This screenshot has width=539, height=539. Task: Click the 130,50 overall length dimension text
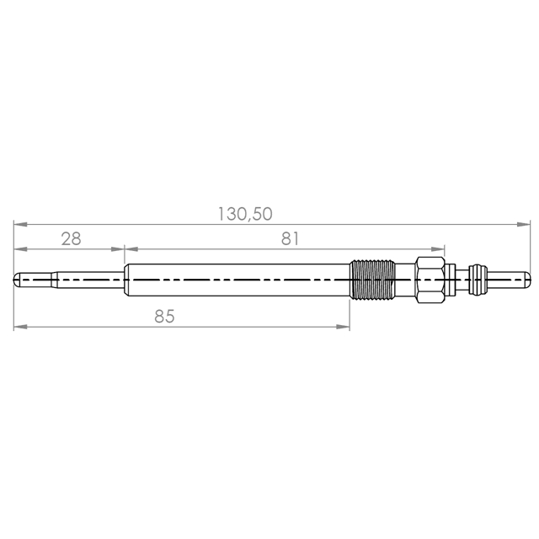coord(245,214)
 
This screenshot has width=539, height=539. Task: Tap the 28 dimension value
coord(71,238)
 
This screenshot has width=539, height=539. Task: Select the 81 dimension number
coord(290,238)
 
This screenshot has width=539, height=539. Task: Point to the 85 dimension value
coord(164,317)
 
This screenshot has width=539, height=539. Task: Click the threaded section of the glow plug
coord(372,280)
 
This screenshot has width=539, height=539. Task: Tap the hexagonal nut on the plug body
coord(430,280)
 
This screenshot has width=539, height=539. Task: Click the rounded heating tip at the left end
coord(17,280)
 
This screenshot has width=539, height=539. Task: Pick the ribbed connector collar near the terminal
coord(477,280)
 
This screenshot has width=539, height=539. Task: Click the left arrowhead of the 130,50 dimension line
coord(20,225)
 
